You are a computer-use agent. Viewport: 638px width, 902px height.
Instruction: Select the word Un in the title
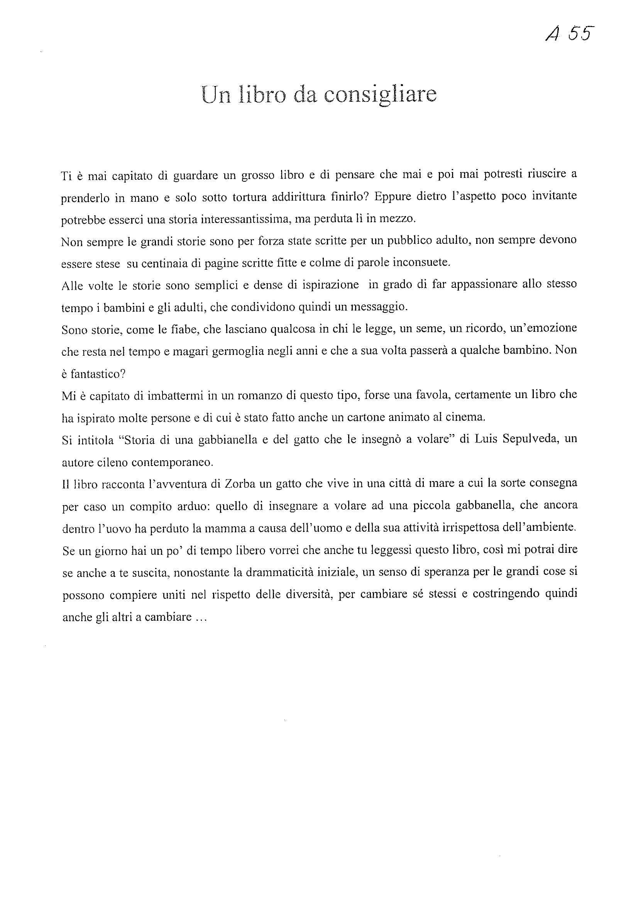pyautogui.click(x=216, y=95)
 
